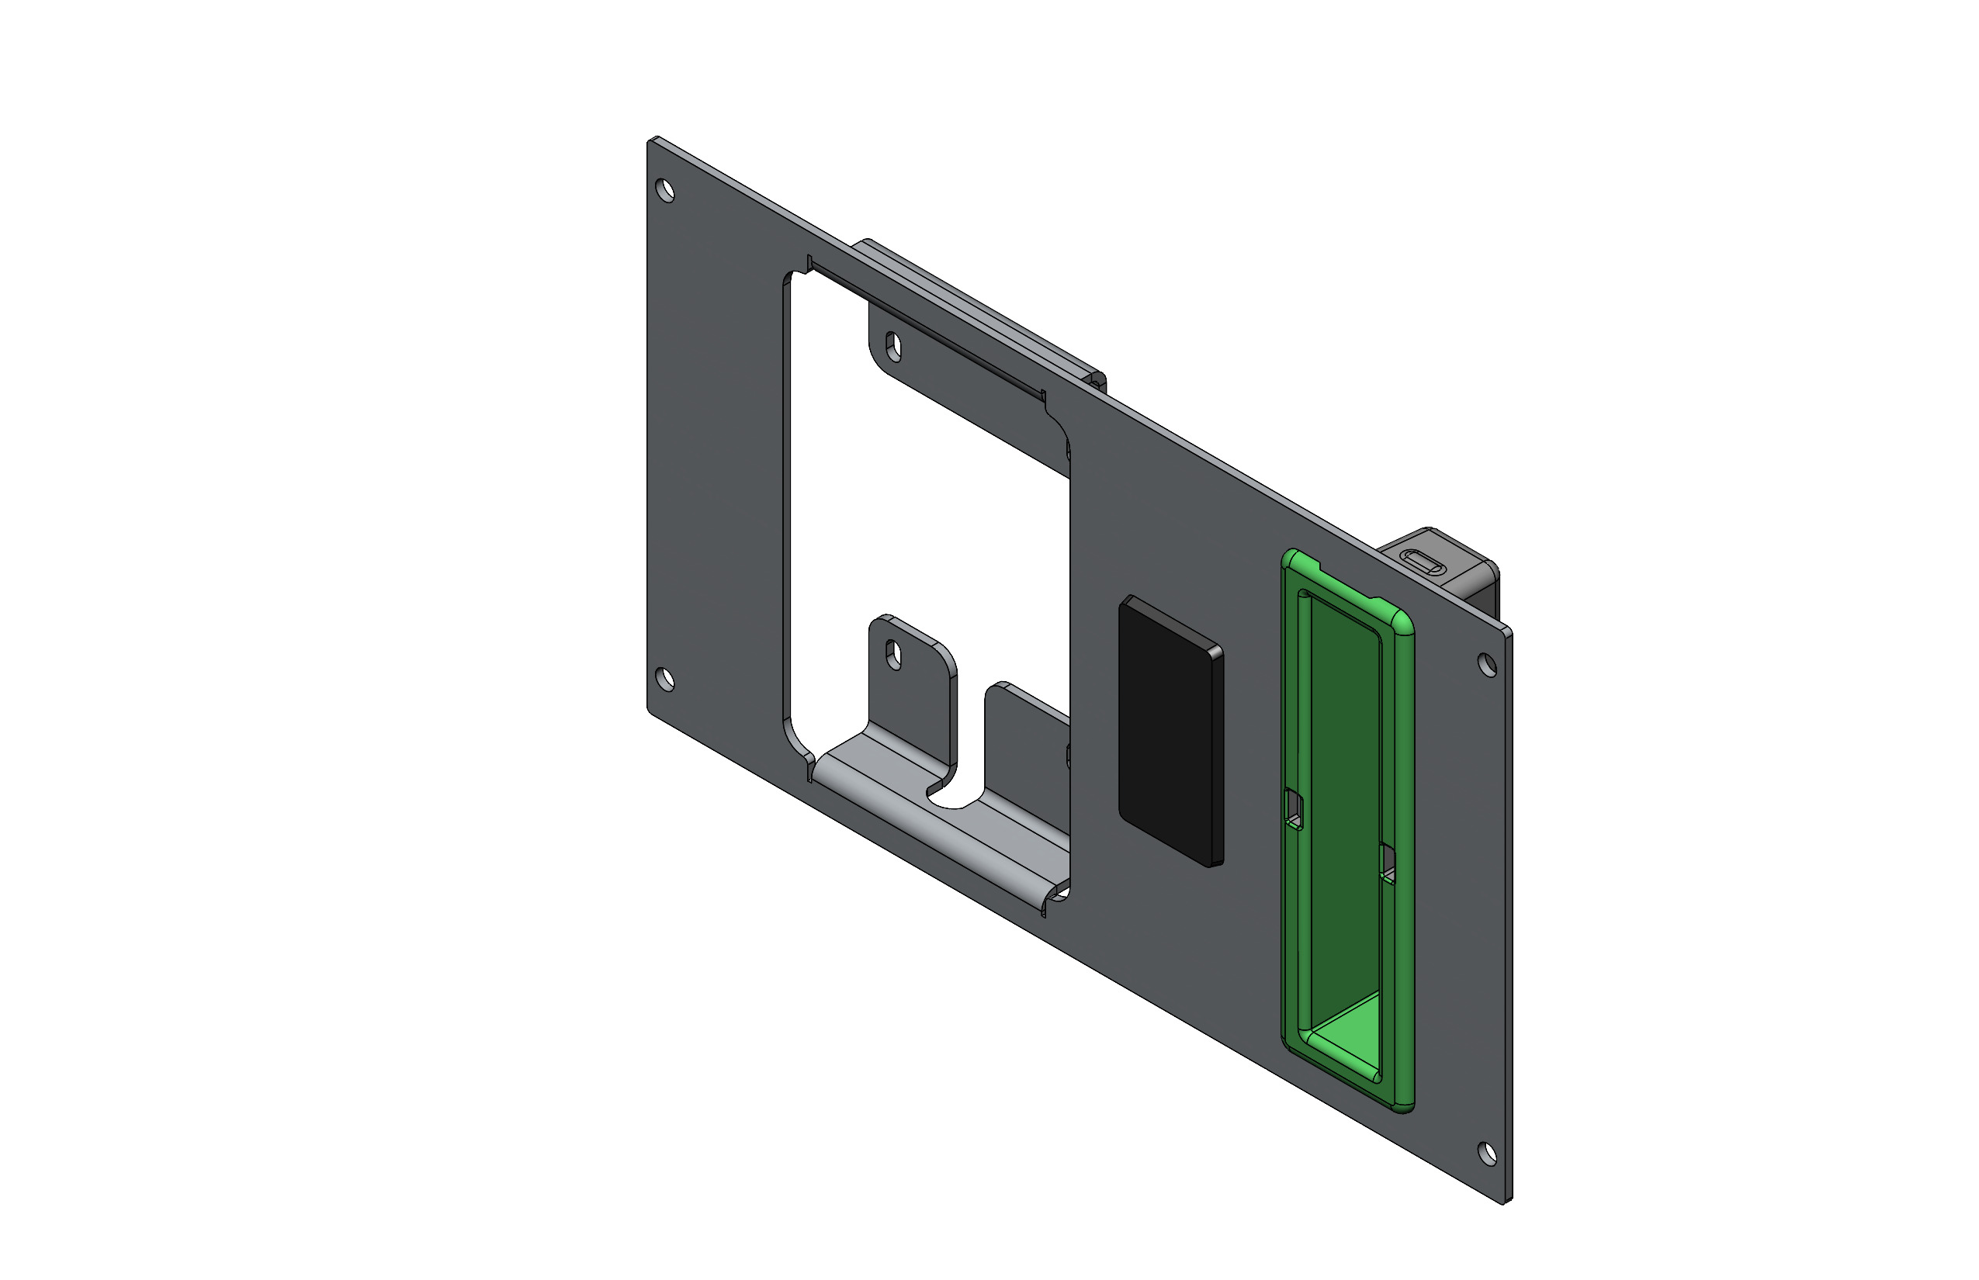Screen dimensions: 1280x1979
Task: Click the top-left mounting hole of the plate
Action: [665, 190]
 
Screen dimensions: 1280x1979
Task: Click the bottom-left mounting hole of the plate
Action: [665, 679]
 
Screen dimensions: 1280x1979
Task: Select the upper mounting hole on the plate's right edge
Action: [1487, 664]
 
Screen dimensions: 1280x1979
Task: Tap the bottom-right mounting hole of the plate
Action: [1487, 1153]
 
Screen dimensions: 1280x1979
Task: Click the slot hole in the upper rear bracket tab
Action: [894, 345]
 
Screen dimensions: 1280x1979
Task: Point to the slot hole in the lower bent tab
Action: [894, 654]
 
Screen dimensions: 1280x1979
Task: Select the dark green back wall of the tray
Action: [1343, 790]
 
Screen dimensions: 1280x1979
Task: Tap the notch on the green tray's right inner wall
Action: [1388, 864]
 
